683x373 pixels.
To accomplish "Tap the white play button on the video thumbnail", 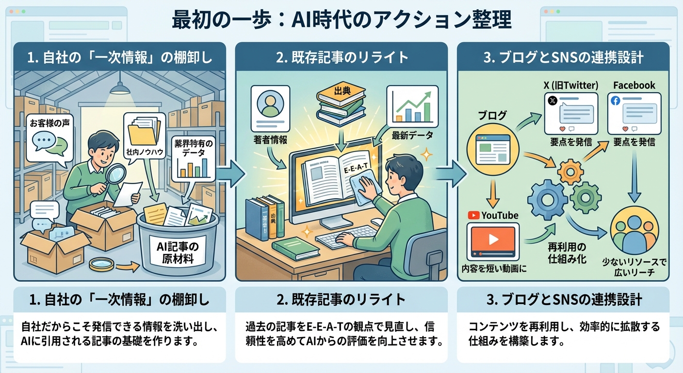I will (x=493, y=239).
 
